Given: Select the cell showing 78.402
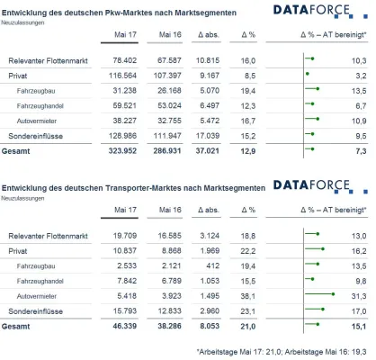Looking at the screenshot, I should (x=125, y=59).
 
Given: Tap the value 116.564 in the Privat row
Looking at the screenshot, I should (x=123, y=77).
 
